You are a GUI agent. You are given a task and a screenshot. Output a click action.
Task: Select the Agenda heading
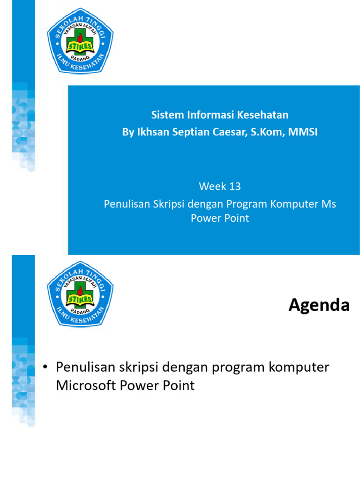(x=319, y=306)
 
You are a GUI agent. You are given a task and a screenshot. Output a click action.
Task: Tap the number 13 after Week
(x=235, y=187)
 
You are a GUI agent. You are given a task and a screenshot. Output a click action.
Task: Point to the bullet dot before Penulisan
(x=45, y=367)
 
